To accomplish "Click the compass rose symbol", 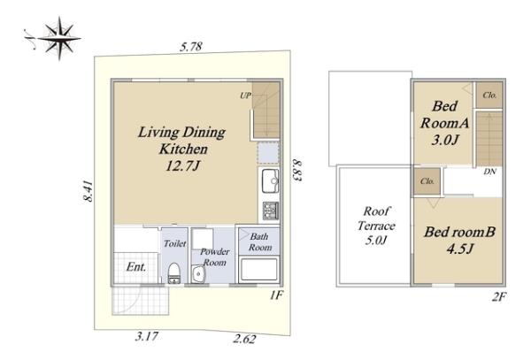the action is pos(59,38).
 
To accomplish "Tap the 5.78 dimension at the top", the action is pos(191,46).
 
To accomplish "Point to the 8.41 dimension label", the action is pos(88,191).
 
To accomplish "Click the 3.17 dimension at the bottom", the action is pos(147,336).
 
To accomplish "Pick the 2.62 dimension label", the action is pos(244,339).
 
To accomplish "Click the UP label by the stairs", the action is pos(245,96).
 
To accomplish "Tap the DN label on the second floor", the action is pos(489,172).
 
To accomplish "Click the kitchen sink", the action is pos(270,181).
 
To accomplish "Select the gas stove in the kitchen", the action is pos(271,211).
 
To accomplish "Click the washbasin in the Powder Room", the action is pos(197,273).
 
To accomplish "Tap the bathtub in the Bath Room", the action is pos(259,270).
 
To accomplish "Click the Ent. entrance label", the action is pos(136,267).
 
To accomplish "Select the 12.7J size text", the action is pos(183,166).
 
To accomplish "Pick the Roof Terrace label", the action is pos(376,218).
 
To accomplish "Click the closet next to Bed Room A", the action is pos(489,95).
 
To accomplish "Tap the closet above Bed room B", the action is pos(427,181).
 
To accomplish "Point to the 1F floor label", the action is pos(276,295).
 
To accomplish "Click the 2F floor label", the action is pos(498,297).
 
